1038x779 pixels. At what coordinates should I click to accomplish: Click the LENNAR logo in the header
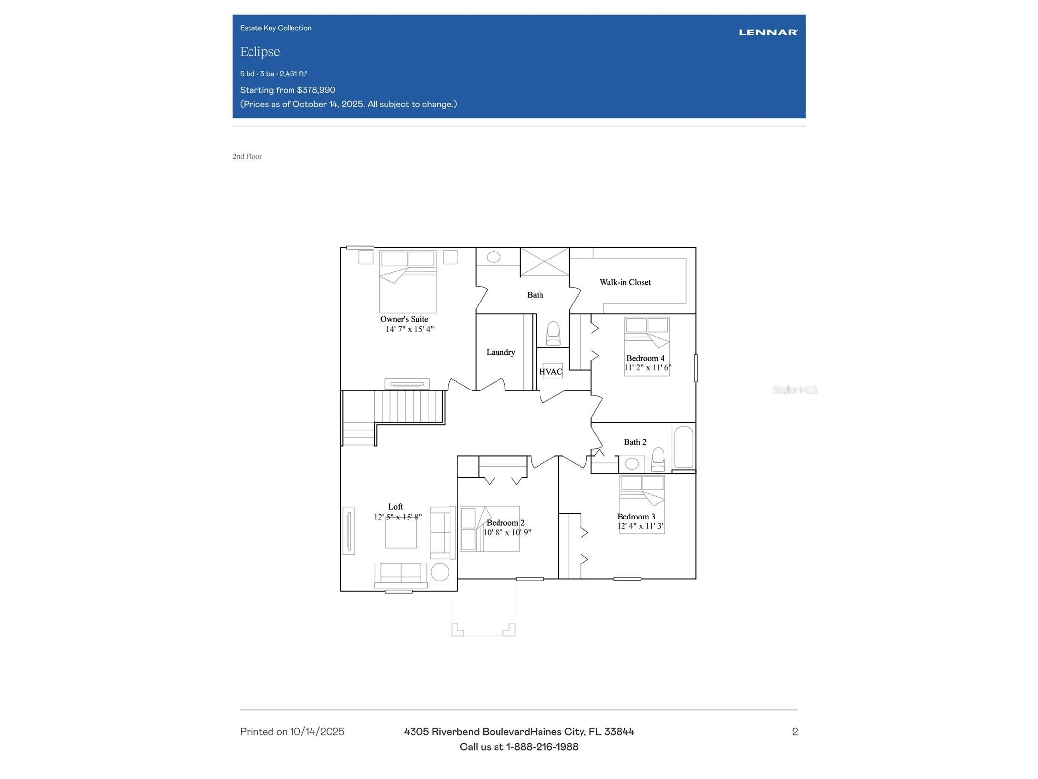pos(768,32)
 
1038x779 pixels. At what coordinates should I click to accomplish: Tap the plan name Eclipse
pos(260,52)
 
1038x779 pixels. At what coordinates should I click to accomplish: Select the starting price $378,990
pos(316,90)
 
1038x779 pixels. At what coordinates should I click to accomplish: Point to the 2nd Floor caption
pos(247,156)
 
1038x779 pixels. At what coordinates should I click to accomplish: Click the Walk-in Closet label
pos(625,282)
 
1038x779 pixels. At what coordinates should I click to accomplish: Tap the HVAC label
pos(551,372)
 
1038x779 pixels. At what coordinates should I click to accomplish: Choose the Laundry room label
pos(500,352)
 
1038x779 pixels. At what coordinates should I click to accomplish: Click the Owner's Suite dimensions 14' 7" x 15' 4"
pos(410,329)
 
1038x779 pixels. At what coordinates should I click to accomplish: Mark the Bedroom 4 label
pos(645,358)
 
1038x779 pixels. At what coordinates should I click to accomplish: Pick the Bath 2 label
pos(635,442)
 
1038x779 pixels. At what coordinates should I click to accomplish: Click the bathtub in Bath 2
pos(684,447)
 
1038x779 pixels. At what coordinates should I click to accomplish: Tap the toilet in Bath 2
pos(658,459)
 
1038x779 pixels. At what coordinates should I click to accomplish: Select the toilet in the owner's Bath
pos(553,333)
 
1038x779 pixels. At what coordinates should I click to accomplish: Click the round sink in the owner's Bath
pos(494,257)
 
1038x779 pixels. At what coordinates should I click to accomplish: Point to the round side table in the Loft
pos(440,572)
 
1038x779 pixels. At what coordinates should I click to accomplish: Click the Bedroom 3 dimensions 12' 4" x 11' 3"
pos(641,526)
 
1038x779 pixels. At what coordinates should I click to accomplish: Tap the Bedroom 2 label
pos(505,523)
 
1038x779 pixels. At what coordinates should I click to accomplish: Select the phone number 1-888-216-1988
pos(542,747)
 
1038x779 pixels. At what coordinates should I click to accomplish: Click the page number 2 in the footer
pos(795,732)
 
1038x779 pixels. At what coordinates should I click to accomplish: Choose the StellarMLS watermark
pos(794,390)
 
